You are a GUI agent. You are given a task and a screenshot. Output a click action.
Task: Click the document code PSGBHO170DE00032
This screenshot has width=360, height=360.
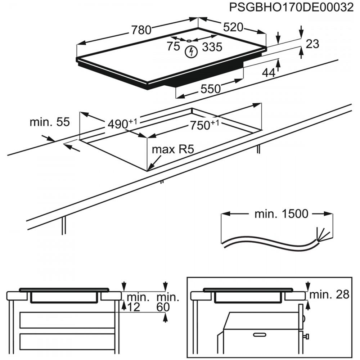click(x=291, y=7)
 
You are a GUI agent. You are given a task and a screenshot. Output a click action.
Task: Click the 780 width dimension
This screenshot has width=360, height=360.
click(x=141, y=30)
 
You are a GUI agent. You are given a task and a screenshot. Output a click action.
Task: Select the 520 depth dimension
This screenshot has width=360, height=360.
click(x=233, y=27)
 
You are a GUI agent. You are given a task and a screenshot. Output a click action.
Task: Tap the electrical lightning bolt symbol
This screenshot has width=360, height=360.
click(x=191, y=52)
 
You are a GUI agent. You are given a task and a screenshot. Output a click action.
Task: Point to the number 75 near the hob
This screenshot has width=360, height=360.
click(x=173, y=46)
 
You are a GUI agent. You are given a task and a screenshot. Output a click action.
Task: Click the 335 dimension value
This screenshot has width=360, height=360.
click(x=212, y=47)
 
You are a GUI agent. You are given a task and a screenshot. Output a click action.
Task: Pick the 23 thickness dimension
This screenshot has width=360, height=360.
click(x=312, y=44)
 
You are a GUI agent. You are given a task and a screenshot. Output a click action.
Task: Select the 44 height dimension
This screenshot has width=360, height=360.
click(x=268, y=73)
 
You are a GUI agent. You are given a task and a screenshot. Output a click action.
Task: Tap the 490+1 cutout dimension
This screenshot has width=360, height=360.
click(x=122, y=124)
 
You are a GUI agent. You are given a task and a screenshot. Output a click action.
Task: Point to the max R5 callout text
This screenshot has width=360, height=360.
click(x=173, y=149)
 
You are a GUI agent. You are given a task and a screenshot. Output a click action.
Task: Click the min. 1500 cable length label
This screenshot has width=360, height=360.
click(x=281, y=214)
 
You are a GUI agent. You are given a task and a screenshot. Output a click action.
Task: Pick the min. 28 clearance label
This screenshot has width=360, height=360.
click(x=329, y=294)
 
